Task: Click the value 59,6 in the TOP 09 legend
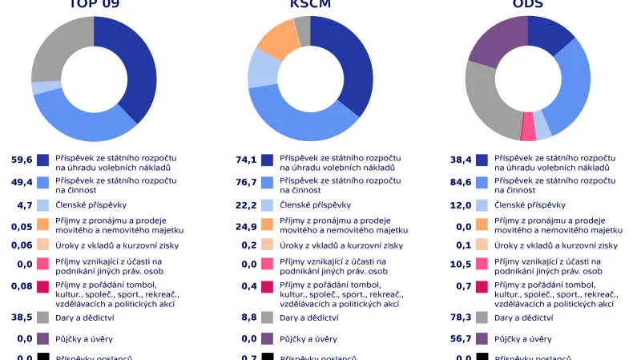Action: click(x=22, y=160)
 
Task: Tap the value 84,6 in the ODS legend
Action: click(x=461, y=182)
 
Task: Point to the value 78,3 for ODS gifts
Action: click(x=461, y=318)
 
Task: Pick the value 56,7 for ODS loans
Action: click(x=461, y=339)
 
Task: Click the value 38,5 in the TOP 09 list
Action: click(x=22, y=318)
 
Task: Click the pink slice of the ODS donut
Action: click(x=528, y=127)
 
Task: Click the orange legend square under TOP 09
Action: click(x=43, y=224)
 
